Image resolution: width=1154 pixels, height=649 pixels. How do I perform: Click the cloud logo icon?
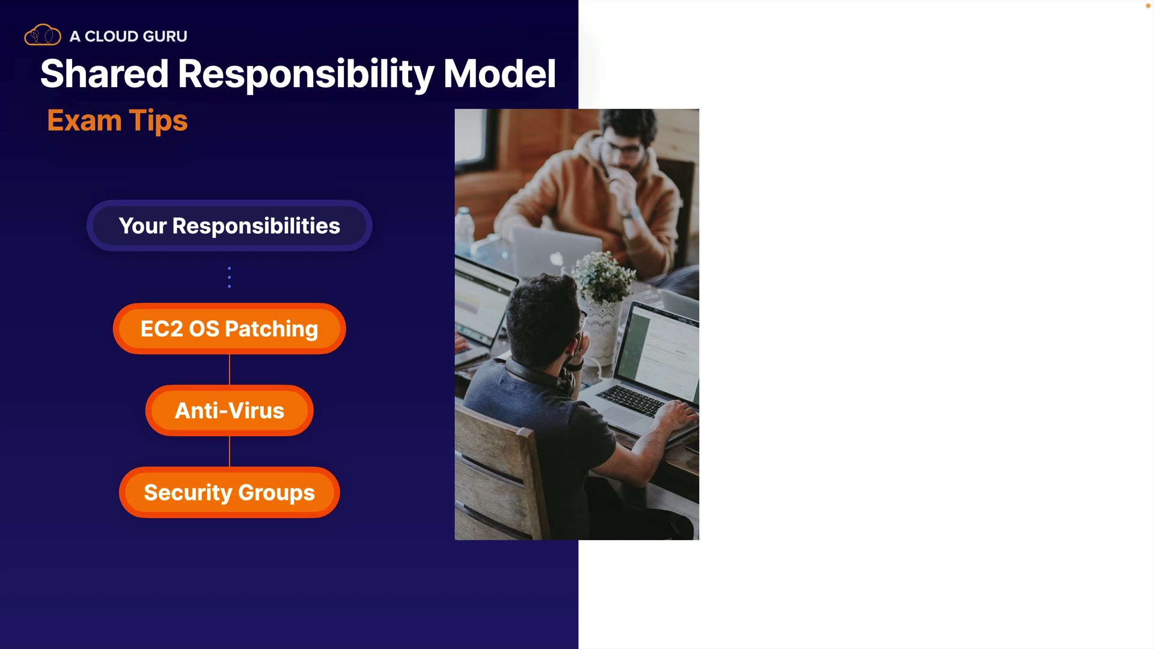[x=43, y=35]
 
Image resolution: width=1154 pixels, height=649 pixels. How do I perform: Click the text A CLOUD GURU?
[x=129, y=36]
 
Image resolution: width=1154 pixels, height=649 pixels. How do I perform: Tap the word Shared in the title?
[x=104, y=74]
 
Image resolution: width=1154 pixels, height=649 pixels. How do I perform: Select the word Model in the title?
[x=499, y=74]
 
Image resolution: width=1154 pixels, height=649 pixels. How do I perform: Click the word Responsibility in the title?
[x=306, y=75]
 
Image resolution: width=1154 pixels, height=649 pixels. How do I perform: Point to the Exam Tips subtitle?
[x=117, y=121]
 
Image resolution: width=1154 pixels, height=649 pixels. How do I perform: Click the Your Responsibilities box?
[x=230, y=225]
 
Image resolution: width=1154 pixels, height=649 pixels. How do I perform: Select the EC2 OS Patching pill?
[x=230, y=329]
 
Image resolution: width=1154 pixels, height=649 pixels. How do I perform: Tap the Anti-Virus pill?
[x=230, y=410]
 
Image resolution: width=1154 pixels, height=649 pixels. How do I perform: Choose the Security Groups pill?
[x=230, y=492]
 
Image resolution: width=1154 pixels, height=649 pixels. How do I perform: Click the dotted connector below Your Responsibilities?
[x=229, y=277]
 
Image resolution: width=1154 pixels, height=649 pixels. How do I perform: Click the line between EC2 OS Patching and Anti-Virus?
[x=230, y=370]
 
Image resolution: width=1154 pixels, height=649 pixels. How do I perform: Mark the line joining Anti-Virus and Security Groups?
[x=230, y=451]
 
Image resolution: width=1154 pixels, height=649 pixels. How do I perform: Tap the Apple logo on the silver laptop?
[x=557, y=258]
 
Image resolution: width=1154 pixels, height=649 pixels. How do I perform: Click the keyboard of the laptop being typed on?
[x=631, y=399]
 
